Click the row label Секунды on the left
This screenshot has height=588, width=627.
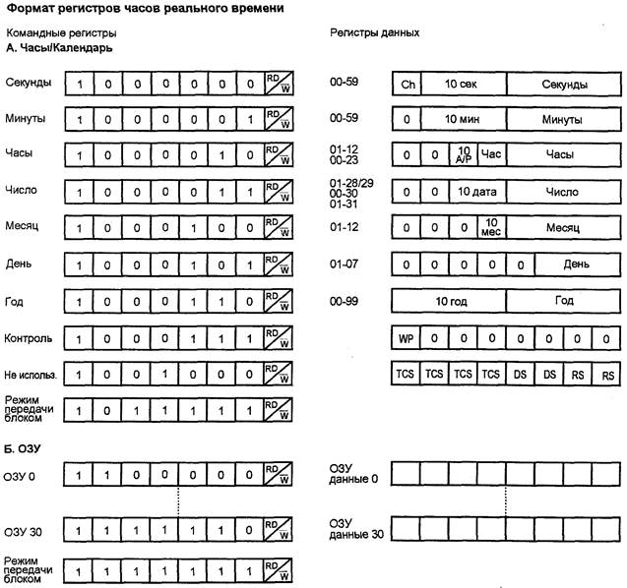coord(28,83)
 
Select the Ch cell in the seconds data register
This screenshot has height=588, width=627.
coord(407,85)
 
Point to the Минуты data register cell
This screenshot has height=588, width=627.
coord(564,119)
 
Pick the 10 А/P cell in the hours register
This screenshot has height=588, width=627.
coord(465,154)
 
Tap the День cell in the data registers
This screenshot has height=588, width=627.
coord(577,262)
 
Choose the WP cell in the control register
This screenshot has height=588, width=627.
coord(405,339)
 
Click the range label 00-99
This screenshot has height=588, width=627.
coord(345,297)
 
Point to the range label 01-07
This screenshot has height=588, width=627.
coord(345,262)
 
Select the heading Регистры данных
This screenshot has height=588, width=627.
coord(374,31)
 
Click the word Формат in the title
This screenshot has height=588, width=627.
coord(31,9)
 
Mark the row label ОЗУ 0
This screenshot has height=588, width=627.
coord(21,477)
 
